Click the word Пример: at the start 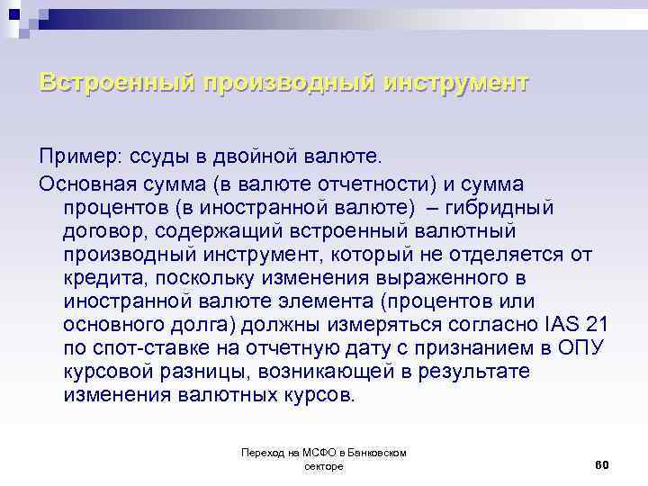(x=76, y=160)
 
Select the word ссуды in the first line (x=148, y=160)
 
